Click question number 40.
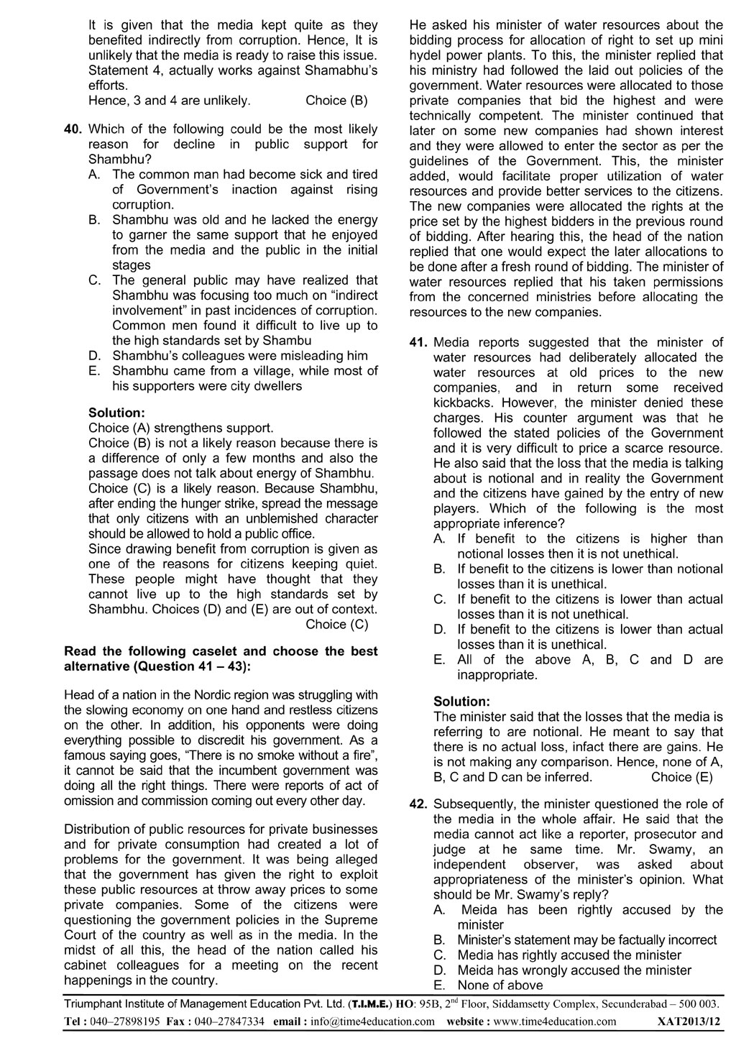(x=74, y=129)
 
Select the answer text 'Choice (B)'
(x=336, y=100)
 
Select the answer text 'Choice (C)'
(x=336, y=624)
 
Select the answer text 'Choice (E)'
(x=681, y=777)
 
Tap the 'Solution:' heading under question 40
(x=116, y=413)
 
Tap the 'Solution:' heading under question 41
(x=462, y=701)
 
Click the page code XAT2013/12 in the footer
(x=691, y=1021)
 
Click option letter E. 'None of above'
(x=438, y=985)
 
